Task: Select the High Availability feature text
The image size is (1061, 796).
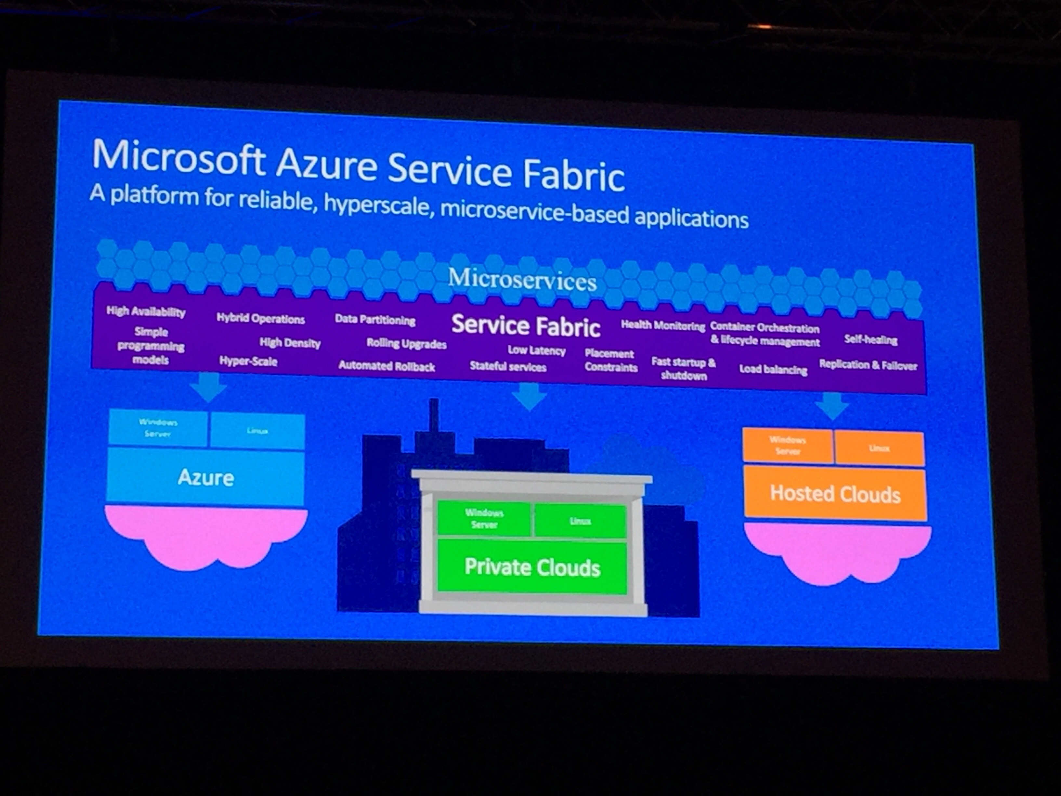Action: [x=146, y=312]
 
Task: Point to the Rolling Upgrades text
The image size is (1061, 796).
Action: [x=406, y=344]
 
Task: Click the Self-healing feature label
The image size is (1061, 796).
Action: [x=871, y=340]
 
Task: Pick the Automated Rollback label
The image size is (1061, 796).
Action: [x=386, y=366]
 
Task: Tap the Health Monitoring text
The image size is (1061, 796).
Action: [x=663, y=326]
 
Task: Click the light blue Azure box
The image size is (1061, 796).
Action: [x=206, y=477]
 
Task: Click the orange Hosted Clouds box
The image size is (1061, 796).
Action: [x=835, y=494]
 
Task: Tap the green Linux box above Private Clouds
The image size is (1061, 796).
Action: [x=580, y=521]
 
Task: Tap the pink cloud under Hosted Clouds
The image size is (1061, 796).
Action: [x=837, y=552]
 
